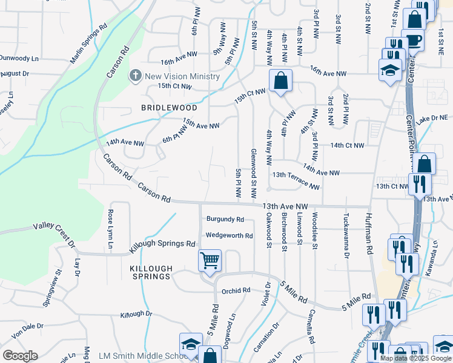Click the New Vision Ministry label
[182, 76]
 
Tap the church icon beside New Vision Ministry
[134, 76]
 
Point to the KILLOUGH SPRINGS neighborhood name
[151, 272]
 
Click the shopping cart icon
[210, 261]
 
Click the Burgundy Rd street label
[225, 219]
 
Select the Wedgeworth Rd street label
[229, 235]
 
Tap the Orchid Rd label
[236, 290]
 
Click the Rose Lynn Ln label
[111, 230]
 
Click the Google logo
[20, 355]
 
